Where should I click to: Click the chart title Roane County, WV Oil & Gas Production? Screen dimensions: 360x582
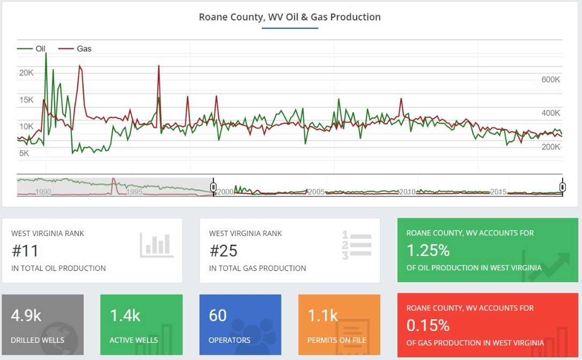[x=290, y=17]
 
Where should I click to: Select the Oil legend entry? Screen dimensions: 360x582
[x=40, y=49]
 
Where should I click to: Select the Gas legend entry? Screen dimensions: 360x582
[x=84, y=49]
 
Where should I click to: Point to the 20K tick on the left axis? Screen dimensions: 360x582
[x=26, y=72]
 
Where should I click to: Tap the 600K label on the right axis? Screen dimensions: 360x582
[x=550, y=79]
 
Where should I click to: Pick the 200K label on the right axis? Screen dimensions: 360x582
[x=550, y=147]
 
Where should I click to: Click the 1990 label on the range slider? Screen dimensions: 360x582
[x=43, y=192]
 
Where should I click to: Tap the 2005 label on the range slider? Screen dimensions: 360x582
[x=315, y=192]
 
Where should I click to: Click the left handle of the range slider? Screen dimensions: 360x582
[x=213, y=187]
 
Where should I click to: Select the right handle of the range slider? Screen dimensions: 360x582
[x=563, y=187]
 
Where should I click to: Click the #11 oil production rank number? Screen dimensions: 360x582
[x=25, y=251]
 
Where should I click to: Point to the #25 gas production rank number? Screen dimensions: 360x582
[x=223, y=251]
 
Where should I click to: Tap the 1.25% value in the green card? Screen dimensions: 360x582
[x=428, y=251]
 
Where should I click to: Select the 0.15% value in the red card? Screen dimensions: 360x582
[x=428, y=326]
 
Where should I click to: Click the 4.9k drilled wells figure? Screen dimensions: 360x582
[x=26, y=315]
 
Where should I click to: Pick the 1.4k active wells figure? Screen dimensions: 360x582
[x=125, y=315]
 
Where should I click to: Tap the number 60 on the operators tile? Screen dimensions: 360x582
[x=218, y=315]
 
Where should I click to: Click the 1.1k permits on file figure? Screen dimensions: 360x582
[x=323, y=315]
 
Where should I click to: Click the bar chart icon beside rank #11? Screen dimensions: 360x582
[x=157, y=245]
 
